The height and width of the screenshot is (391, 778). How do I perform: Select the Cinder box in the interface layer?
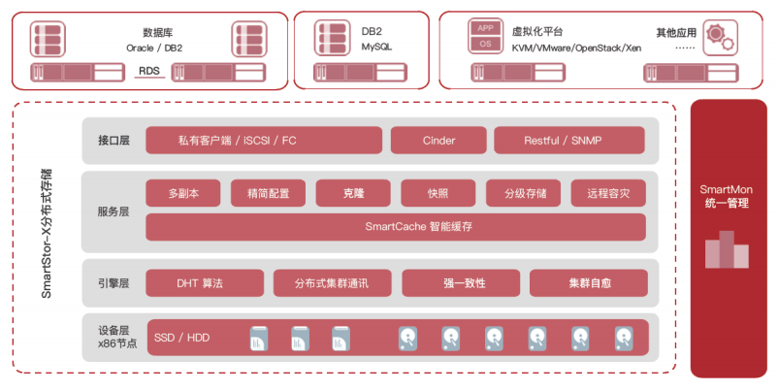438,141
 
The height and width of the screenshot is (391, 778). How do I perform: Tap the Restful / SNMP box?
569,141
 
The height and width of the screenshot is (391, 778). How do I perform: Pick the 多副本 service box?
183,193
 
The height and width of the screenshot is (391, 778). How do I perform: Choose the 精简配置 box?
261,193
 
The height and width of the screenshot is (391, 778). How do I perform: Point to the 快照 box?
438,193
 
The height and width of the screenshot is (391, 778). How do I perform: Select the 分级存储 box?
524,193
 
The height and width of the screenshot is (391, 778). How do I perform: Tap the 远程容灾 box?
608,193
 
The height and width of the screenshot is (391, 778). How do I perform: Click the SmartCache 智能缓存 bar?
396,227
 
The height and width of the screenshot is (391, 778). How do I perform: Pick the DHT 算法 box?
204,283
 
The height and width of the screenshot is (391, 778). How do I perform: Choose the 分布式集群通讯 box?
332,283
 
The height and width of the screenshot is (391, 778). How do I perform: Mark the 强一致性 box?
464,283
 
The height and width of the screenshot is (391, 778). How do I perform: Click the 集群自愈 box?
589,283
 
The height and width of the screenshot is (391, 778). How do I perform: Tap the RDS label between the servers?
148,70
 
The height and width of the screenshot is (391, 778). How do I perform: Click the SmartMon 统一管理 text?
727,196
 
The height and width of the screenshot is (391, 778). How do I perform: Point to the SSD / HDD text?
181,338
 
